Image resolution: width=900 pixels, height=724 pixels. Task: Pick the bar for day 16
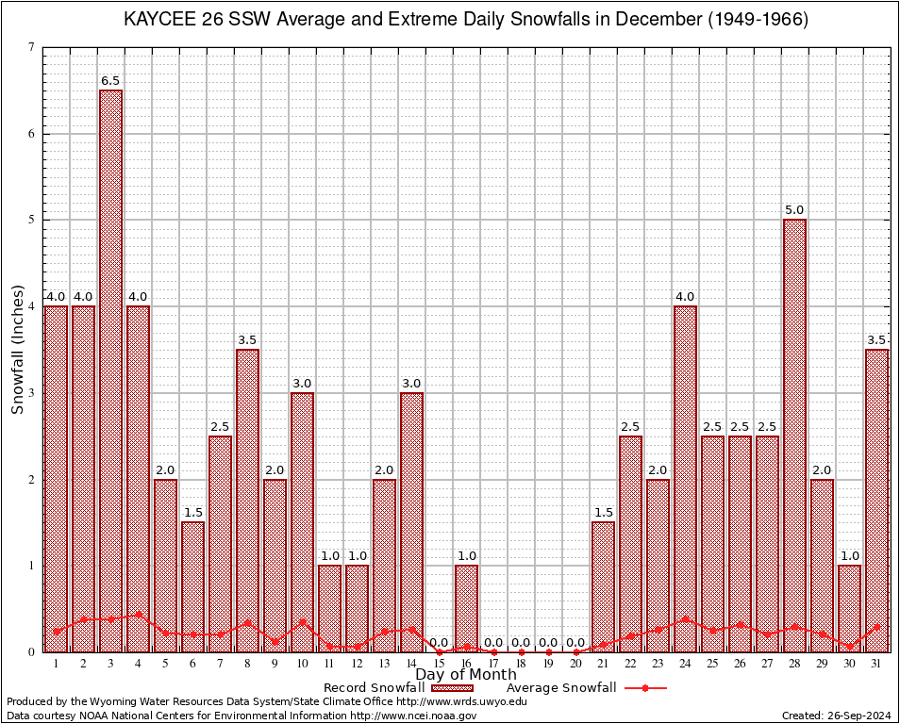coord(467,608)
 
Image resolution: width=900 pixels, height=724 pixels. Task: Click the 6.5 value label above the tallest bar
coord(111,81)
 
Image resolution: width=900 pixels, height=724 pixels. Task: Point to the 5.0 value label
coord(795,210)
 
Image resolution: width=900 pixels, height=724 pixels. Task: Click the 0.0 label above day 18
coord(522,643)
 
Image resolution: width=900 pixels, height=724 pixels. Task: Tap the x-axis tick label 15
coord(440,663)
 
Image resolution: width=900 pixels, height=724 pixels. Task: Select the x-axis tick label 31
coord(877,663)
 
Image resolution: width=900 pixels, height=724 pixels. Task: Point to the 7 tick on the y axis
coord(31,47)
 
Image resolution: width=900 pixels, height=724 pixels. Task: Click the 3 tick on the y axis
coord(31,393)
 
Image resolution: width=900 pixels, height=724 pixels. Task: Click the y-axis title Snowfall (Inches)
coord(18,349)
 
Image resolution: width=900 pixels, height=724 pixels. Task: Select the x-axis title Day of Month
coord(466,675)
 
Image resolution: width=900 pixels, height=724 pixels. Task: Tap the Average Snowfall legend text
coord(560,688)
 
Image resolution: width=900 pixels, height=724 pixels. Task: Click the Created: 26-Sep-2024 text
coord(835,716)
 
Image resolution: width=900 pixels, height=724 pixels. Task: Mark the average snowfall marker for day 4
coord(139,614)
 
